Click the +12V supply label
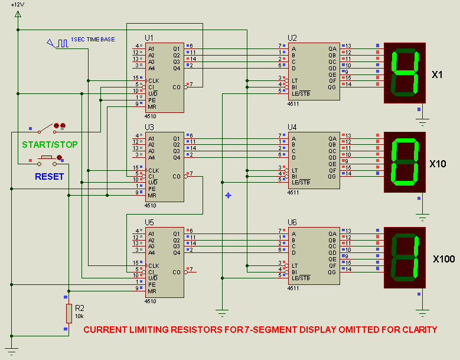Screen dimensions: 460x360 tap(18, 5)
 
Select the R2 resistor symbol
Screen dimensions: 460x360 tap(69, 313)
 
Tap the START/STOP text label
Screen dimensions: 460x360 tap(50, 144)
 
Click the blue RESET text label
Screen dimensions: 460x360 tap(49, 177)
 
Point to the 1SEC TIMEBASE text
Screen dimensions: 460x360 tap(93, 40)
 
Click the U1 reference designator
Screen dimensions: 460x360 tap(149, 38)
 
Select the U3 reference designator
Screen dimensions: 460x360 tap(149, 127)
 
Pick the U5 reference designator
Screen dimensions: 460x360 tap(149, 222)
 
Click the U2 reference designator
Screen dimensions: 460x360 tap(292, 38)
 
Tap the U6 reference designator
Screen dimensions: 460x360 tap(292, 222)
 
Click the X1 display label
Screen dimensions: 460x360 tap(437, 75)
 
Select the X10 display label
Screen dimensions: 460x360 tap(438, 164)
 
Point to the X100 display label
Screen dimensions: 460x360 tap(444, 259)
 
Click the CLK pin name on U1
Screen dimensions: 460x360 tap(154, 81)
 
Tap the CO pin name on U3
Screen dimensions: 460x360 tap(177, 177)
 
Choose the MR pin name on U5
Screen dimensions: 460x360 tap(152, 291)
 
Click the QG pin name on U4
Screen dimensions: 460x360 tap(332, 177)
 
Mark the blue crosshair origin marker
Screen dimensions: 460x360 tap(229, 195)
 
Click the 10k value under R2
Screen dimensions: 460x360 tap(79, 316)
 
